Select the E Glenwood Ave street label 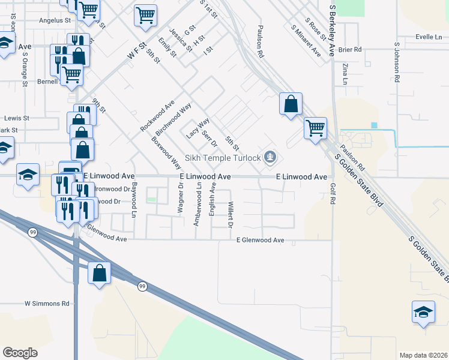coord(260,240)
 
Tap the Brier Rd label coord(351,50)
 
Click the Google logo coord(20,353)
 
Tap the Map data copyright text coord(423,355)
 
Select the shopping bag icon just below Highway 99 coord(99,273)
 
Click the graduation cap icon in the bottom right coord(423,312)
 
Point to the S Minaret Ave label coord(304,41)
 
